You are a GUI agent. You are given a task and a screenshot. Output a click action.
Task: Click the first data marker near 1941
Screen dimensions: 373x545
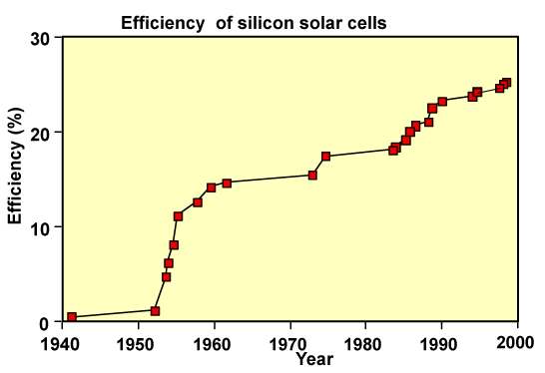pyautogui.click(x=72, y=317)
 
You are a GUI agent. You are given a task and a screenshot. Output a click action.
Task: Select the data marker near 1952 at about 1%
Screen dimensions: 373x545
pyautogui.click(x=155, y=311)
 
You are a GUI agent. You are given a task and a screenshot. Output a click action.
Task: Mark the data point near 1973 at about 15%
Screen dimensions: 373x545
pyautogui.click(x=312, y=176)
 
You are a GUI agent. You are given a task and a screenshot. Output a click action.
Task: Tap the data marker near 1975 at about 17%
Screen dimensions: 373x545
pyautogui.click(x=325, y=157)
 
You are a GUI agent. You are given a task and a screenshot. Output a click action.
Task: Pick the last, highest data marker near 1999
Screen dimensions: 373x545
pyautogui.click(x=506, y=83)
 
